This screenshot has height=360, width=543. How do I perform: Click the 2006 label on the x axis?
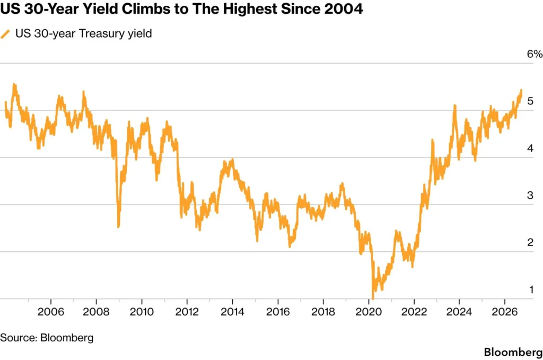(51, 312)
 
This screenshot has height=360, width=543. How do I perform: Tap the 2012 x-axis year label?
(187, 312)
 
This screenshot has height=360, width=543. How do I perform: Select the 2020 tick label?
(369, 312)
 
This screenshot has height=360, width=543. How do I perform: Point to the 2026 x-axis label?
(505, 312)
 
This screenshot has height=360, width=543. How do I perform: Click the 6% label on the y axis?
(535, 54)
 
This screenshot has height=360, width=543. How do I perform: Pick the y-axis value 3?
(530, 195)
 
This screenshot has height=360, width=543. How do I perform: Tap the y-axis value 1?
(531, 289)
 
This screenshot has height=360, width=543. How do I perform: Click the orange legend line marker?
(5, 34)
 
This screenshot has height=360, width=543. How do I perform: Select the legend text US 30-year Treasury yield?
(83, 33)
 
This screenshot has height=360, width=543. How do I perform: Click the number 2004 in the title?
(344, 8)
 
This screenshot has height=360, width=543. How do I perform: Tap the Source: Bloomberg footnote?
(47, 338)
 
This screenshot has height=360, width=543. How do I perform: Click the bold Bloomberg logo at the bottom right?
(513, 352)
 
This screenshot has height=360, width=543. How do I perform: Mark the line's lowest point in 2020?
(373, 298)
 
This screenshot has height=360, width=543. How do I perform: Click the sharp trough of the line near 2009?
(118, 226)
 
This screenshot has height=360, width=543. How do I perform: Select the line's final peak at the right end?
(521, 90)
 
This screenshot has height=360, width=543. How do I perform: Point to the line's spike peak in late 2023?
(454, 106)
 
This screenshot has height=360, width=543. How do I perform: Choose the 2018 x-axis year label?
(323, 312)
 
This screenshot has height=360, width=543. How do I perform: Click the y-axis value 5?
(530, 101)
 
